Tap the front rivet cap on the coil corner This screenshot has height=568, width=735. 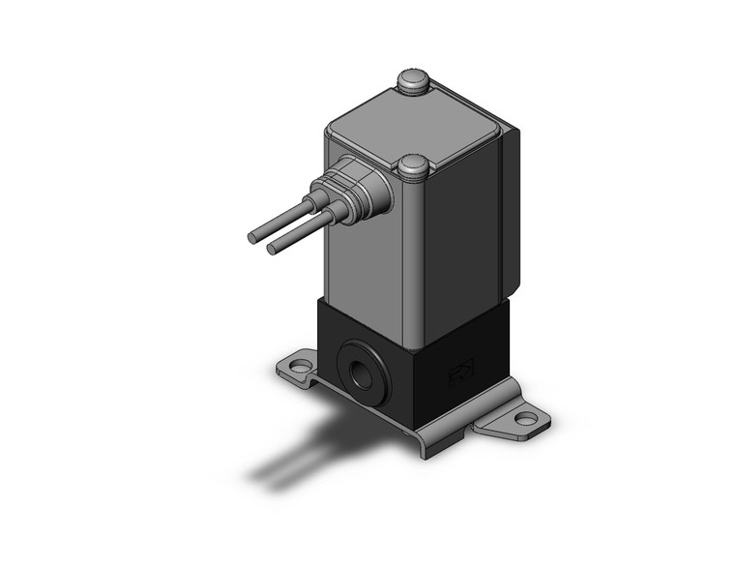click(x=413, y=166)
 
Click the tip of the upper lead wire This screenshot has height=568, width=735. click(x=253, y=236)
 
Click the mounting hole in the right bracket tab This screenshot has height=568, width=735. click(x=525, y=419)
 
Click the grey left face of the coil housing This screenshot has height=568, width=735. click(x=363, y=271)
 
